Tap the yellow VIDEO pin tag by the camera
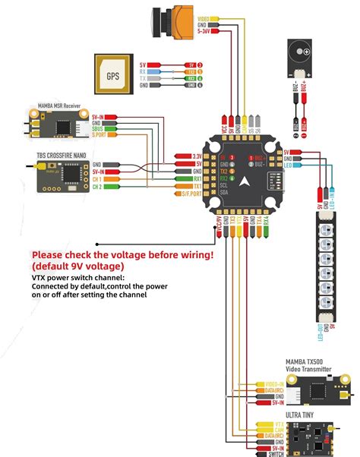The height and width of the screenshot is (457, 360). pyautogui.click(x=204, y=17)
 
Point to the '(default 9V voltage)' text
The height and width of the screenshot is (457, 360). pyautogui.click(x=79, y=267)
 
